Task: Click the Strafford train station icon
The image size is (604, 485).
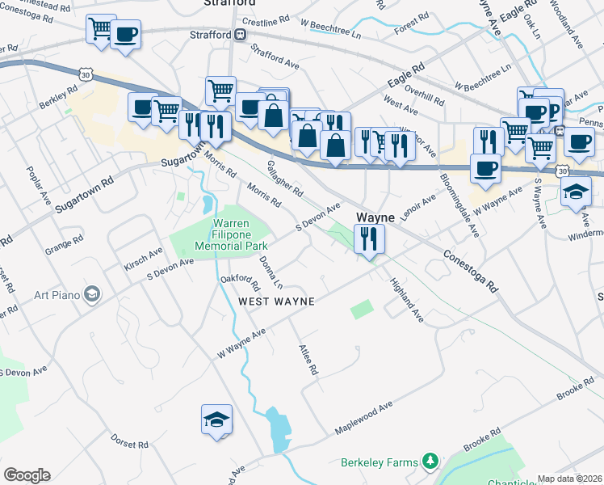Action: pyautogui.click(x=241, y=35)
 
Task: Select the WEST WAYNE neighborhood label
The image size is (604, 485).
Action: pyautogui.click(x=275, y=301)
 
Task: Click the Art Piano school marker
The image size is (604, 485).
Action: pyautogui.click(x=92, y=293)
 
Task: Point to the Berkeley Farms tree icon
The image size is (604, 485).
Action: pyautogui.click(x=431, y=462)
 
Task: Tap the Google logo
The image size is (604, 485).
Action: pyautogui.click(x=27, y=475)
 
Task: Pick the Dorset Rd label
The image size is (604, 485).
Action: pyautogui.click(x=130, y=444)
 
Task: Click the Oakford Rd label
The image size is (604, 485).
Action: pyautogui.click(x=241, y=281)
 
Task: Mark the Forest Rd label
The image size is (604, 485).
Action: pyautogui.click(x=410, y=28)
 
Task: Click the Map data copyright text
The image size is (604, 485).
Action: pyautogui.click(x=570, y=479)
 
